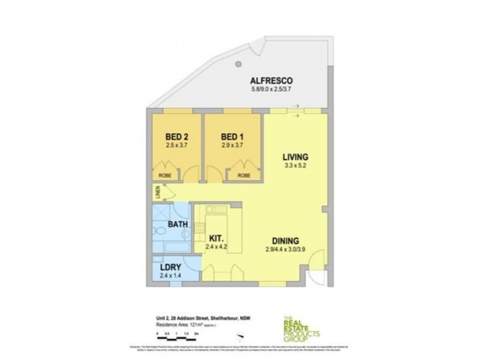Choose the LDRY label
pyautogui.click(x=172, y=267)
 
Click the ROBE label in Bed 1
pyautogui.click(x=243, y=175)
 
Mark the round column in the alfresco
pyautogui.click(x=238, y=64)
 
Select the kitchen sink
pyautogui.click(x=213, y=209)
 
